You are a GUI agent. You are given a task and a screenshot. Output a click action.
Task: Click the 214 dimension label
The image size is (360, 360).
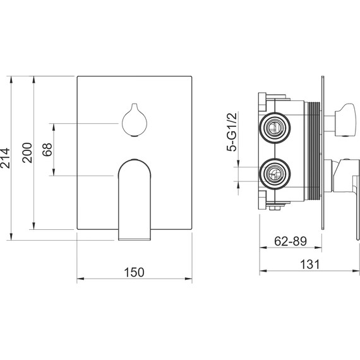click(5, 158)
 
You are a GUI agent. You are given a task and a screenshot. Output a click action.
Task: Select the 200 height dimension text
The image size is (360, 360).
click(27, 153)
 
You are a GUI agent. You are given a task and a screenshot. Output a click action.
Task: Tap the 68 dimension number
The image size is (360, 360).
click(47, 150)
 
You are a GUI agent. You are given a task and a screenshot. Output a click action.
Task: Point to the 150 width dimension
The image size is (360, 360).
click(134, 272)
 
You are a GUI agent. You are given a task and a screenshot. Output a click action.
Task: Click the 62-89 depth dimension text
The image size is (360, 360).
click(291, 241)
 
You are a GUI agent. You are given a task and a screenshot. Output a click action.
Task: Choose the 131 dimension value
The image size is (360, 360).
click(310, 264)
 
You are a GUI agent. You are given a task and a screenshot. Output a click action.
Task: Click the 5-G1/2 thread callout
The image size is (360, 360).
click(231, 132)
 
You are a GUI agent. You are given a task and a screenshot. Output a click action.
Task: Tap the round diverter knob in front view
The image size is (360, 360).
click(135, 120)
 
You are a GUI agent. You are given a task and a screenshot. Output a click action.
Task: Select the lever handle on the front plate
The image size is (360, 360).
click(135, 200)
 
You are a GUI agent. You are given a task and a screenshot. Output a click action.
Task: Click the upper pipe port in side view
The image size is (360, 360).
click(275, 128)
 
